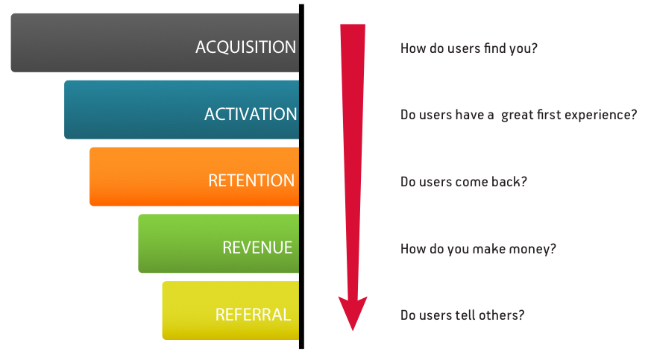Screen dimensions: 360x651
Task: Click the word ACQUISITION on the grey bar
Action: [x=245, y=47]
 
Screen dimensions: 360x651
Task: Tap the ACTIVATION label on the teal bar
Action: [x=251, y=114]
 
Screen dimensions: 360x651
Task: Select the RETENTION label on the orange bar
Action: [x=251, y=181]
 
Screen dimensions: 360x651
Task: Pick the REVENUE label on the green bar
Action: [x=257, y=247]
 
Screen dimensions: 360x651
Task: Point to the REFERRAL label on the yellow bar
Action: [x=253, y=315]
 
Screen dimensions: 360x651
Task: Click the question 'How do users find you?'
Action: [x=468, y=48]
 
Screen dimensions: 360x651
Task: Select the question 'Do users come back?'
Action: [x=463, y=182]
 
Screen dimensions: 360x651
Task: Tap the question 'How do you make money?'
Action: [x=478, y=249]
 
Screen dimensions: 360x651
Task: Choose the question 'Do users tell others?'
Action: [x=462, y=315]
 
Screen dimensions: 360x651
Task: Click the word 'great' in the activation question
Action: [x=517, y=116]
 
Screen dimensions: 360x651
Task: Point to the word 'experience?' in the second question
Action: [x=601, y=116]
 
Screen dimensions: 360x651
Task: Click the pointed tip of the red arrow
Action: [x=353, y=328]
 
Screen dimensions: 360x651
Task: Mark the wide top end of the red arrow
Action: [x=353, y=27]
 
